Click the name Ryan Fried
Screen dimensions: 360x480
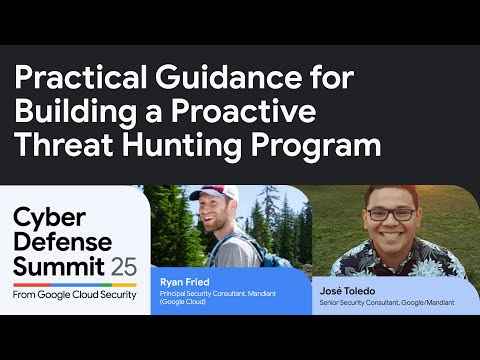click(x=186, y=282)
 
